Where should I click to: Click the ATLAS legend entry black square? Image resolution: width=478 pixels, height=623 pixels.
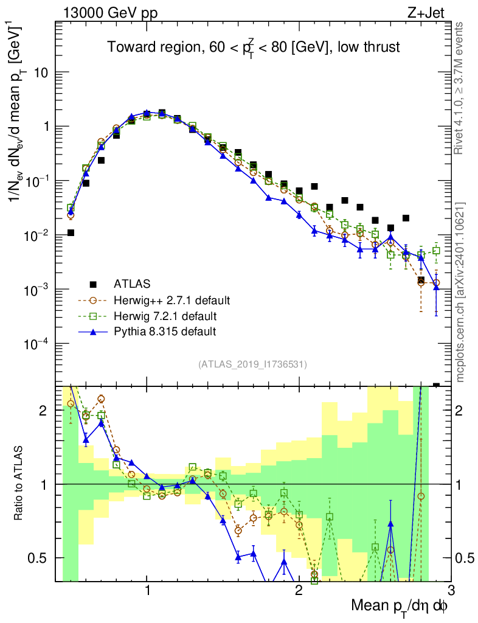point(93,284)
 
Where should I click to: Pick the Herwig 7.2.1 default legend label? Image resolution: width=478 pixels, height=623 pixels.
point(164,316)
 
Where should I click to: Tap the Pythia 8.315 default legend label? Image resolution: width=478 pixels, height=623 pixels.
point(165,332)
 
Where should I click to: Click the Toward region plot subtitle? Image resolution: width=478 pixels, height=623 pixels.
point(254,47)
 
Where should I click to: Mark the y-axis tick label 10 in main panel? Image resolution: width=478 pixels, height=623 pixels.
point(41,72)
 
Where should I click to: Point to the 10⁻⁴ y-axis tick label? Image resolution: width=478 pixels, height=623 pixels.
point(36,344)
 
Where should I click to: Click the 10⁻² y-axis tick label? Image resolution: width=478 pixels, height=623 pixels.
point(36,235)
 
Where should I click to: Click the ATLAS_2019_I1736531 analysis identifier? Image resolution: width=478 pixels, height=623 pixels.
point(252,364)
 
